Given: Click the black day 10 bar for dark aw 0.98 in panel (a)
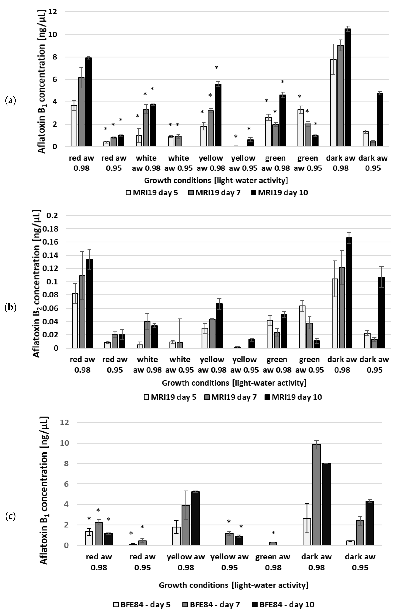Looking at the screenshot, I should (x=348, y=87).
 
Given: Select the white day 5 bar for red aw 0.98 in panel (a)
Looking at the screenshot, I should (x=74, y=126).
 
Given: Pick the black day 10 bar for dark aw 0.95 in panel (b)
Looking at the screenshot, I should (x=381, y=312).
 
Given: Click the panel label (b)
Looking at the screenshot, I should (x=11, y=308).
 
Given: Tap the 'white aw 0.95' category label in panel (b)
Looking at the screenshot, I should (x=180, y=365).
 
